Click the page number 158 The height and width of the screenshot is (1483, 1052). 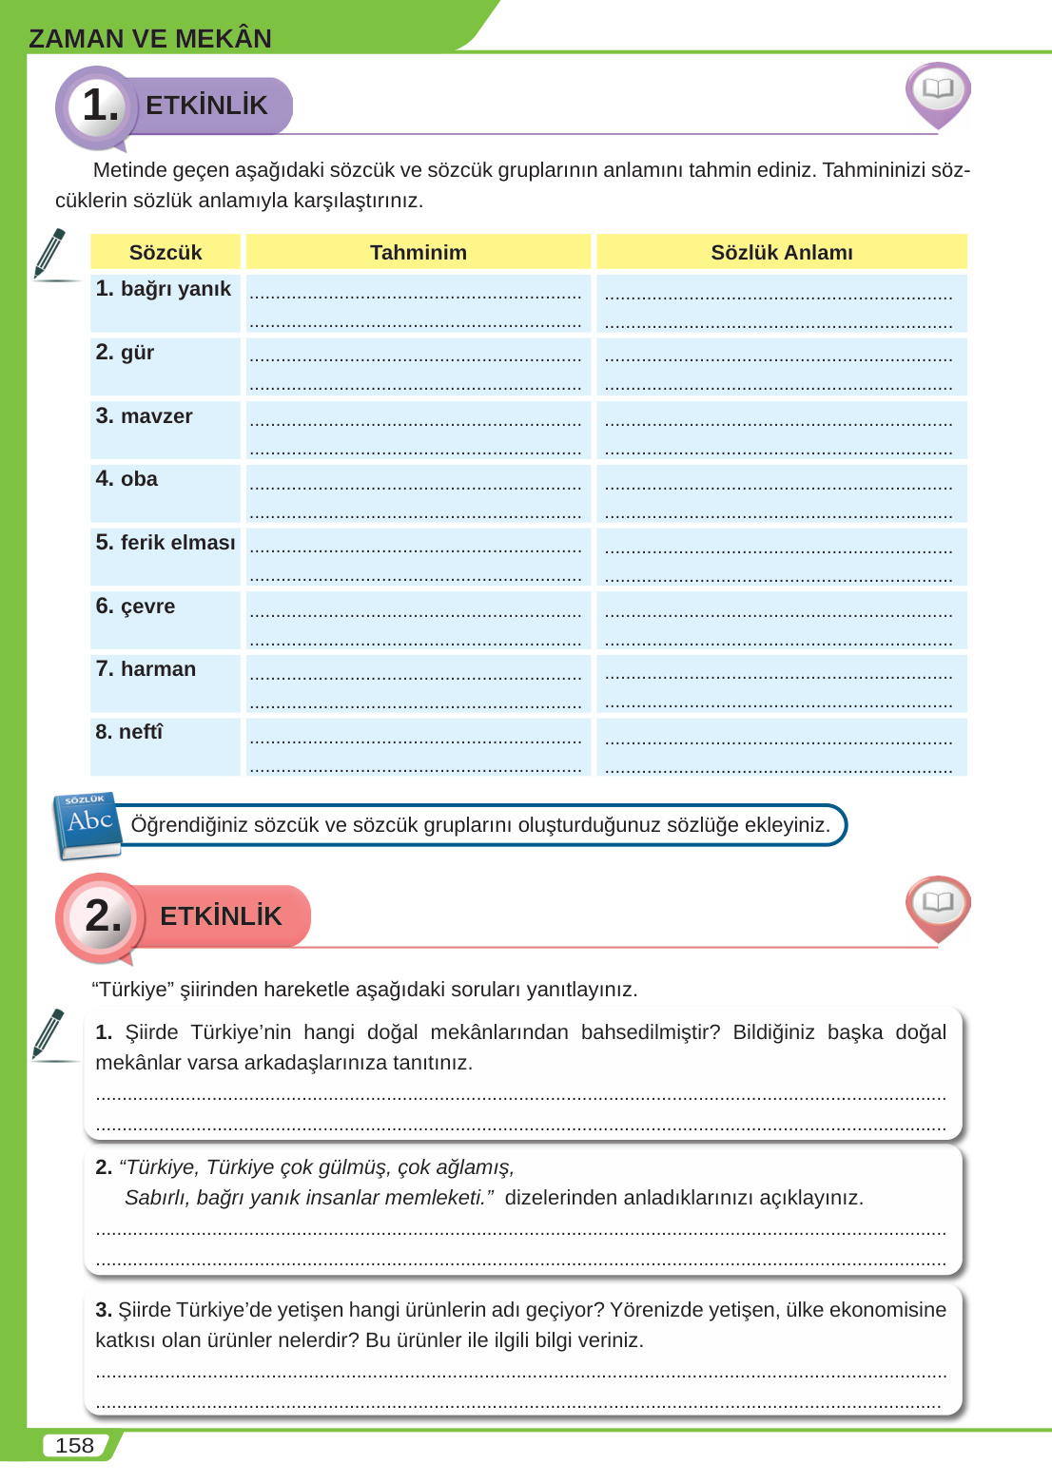74,1445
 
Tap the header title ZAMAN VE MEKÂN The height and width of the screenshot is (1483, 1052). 150,38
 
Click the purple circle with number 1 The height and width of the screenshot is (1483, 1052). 98,106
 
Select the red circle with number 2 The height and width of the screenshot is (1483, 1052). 101,915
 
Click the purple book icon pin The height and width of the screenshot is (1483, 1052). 938,93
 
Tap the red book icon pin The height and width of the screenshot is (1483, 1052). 938,905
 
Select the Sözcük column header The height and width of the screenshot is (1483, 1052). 166,252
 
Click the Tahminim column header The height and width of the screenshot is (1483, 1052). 419,252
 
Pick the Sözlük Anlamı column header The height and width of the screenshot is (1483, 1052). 782,252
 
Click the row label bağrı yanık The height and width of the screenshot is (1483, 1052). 164,289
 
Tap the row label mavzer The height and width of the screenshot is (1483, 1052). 145,416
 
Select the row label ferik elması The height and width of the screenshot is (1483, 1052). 166,543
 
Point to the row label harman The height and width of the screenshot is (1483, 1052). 146,669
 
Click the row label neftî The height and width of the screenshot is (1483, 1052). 129,732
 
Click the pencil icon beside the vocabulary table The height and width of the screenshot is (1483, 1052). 49,254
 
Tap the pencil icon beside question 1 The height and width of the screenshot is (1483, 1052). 49,1034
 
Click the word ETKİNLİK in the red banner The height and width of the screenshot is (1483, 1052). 221,916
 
